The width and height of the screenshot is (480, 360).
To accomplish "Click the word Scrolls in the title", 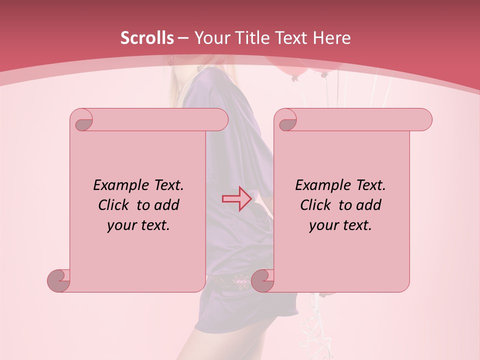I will [147, 38].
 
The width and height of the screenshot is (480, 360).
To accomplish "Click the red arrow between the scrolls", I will [236, 198].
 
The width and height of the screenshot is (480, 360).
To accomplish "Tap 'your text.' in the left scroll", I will [138, 225].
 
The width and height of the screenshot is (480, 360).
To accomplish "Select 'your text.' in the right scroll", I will [340, 225].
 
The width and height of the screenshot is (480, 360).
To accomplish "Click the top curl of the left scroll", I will [82, 120].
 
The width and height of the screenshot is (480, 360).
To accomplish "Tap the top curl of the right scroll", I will [286, 120].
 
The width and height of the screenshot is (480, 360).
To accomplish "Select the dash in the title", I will [183, 38].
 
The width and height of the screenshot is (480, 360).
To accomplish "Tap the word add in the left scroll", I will [166, 205].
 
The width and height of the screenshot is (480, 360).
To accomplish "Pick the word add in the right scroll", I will [368, 205].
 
